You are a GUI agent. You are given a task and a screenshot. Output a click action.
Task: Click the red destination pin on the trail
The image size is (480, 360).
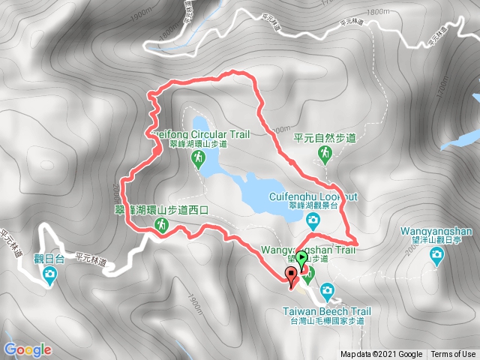click(x=292, y=275)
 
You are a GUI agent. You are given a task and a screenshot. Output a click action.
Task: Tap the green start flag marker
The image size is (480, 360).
click(x=301, y=259)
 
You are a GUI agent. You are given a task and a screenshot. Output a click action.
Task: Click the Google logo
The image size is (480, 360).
click(x=28, y=349)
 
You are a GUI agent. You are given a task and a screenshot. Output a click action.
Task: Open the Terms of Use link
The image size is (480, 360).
click(x=452, y=355)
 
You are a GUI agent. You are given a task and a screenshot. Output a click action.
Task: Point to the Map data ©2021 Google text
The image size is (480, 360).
click(x=381, y=355)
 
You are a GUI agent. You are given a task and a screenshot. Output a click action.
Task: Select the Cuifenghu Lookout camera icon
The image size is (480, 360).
click(x=313, y=220)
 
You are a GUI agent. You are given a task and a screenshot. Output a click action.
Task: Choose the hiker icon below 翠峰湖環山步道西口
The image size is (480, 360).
click(x=161, y=225)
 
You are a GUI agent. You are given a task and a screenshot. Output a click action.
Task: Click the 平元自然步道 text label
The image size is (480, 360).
click(x=325, y=138)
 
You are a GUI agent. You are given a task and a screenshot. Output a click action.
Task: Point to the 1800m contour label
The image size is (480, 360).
click(x=379, y=12)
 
